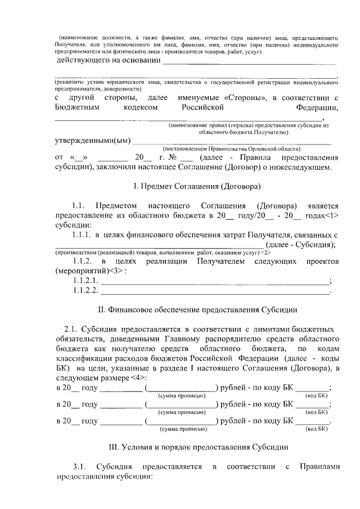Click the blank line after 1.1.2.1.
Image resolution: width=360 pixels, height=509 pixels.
[x=215, y=281]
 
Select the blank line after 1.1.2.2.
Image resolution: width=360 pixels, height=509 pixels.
[x=215, y=291]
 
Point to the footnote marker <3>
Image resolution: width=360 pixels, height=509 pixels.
[x=116, y=271]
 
